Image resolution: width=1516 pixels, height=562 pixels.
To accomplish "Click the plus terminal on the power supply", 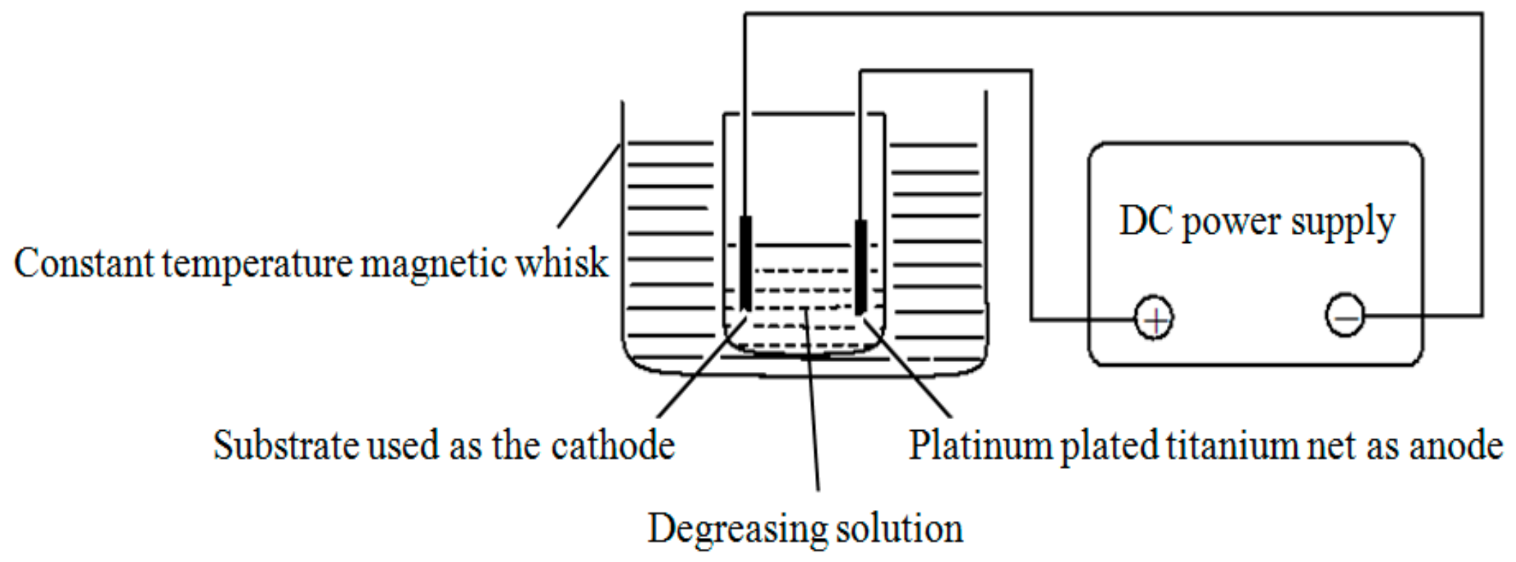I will (x=1154, y=318).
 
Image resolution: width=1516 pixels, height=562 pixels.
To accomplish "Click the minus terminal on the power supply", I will (x=1345, y=316).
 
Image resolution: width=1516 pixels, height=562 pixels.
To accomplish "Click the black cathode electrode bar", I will (x=746, y=264).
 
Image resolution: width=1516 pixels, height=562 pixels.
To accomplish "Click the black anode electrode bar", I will (x=861, y=267).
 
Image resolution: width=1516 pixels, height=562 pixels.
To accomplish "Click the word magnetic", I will (x=433, y=264).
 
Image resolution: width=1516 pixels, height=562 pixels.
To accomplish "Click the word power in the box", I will (x=1231, y=223).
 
